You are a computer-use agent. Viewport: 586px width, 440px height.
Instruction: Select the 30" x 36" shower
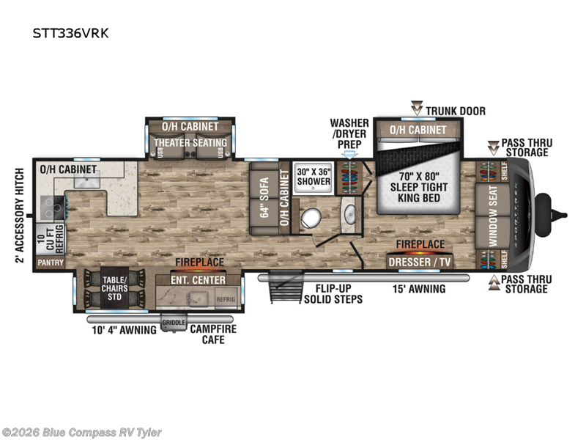tap(314, 177)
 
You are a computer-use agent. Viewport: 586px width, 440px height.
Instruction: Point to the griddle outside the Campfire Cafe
tap(172, 323)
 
